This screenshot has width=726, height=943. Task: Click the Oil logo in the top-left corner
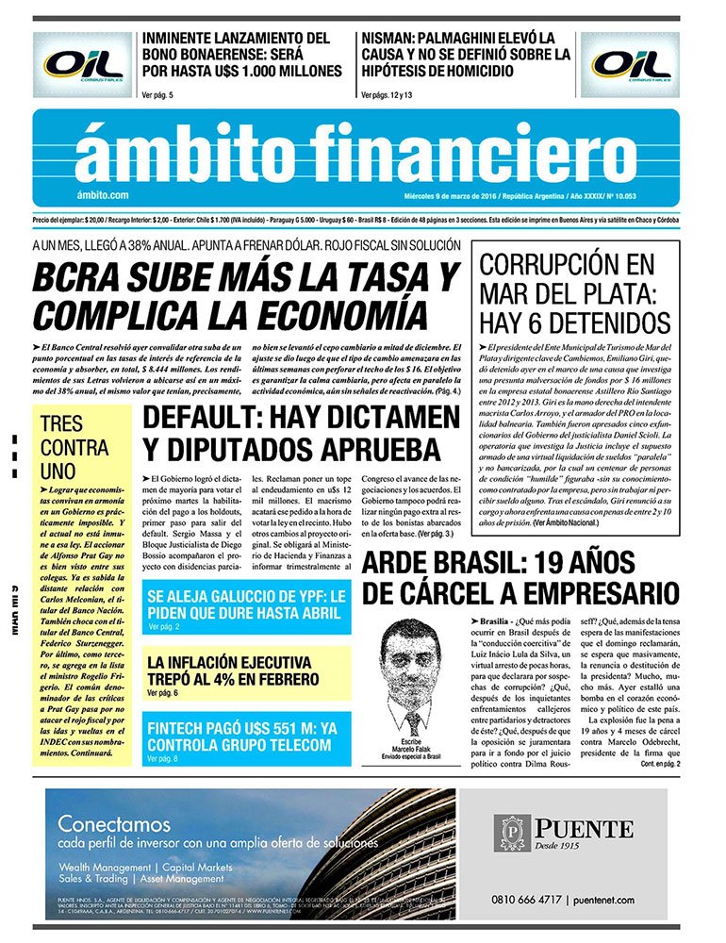click(83, 65)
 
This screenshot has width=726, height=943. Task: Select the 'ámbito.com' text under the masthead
click(104, 194)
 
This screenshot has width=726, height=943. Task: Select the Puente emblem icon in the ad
click(514, 835)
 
